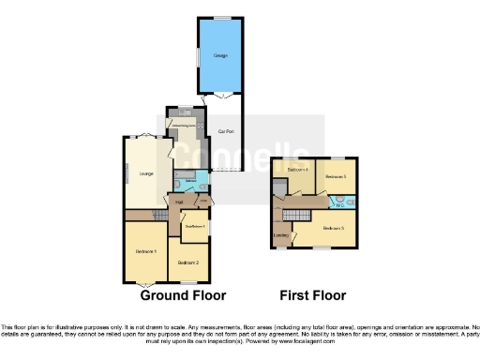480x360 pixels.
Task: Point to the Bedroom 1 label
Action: tap(145, 250)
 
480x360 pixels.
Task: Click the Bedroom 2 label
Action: tap(190, 262)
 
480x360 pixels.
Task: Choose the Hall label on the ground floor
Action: tap(178, 201)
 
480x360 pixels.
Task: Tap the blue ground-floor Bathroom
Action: tap(190, 182)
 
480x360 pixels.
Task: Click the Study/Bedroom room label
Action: tap(194, 226)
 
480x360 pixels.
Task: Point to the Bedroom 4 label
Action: tap(298, 170)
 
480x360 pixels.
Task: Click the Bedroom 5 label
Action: tap(336, 176)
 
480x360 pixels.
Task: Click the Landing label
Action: tap(280, 234)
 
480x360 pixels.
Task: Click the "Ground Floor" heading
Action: tap(183, 295)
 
